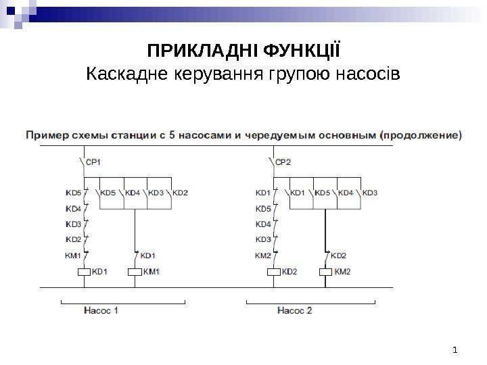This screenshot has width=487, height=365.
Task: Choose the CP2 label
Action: pyautogui.click(x=285, y=162)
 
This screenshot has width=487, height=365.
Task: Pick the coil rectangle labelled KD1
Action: pyautogui.click(x=82, y=272)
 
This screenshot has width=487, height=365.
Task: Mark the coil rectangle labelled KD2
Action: pyautogui.click(x=273, y=272)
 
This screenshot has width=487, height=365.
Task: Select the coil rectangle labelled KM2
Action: pyautogui.click(x=325, y=272)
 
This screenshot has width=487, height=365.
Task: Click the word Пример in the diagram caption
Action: pyautogui.click(x=45, y=135)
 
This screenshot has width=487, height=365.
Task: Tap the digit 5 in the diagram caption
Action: pyautogui.click(x=172, y=135)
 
